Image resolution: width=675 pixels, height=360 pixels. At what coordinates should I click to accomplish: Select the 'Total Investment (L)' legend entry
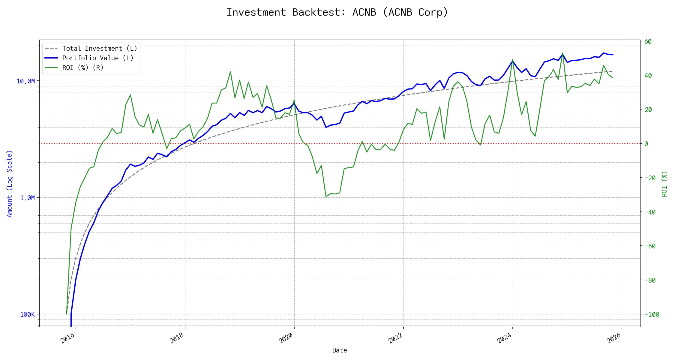(99, 49)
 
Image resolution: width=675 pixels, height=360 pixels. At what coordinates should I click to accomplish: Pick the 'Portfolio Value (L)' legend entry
(97, 58)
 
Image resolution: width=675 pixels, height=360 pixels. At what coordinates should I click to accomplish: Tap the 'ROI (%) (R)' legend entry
(82, 68)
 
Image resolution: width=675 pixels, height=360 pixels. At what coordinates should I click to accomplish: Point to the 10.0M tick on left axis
(25, 81)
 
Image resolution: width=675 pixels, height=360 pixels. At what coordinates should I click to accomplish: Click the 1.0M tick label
(27, 198)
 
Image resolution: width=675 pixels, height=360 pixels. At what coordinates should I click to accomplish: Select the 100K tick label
(27, 315)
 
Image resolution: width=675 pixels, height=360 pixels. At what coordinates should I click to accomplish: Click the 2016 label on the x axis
(68, 338)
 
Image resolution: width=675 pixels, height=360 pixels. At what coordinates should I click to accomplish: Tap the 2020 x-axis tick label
(286, 338)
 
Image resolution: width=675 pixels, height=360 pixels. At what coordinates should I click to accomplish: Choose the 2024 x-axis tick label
(504, 338)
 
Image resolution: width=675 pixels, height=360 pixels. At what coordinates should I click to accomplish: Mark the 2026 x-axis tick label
(613, 338)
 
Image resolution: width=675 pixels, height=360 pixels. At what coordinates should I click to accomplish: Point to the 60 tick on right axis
(648, 42)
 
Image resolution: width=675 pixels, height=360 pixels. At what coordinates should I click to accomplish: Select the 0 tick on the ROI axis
(646, 144)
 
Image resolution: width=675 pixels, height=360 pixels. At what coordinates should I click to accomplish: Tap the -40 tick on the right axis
(650, 212)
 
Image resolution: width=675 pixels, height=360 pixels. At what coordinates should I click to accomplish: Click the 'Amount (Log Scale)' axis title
(10, 184)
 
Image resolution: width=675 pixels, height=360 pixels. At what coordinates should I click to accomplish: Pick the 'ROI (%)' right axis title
(664, 184)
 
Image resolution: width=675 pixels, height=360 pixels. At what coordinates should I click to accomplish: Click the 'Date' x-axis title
(340, 350)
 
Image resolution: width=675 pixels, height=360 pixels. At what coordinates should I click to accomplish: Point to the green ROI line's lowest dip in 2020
(326, 196)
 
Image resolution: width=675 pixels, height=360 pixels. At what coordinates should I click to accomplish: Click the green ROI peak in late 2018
(230, 72)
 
